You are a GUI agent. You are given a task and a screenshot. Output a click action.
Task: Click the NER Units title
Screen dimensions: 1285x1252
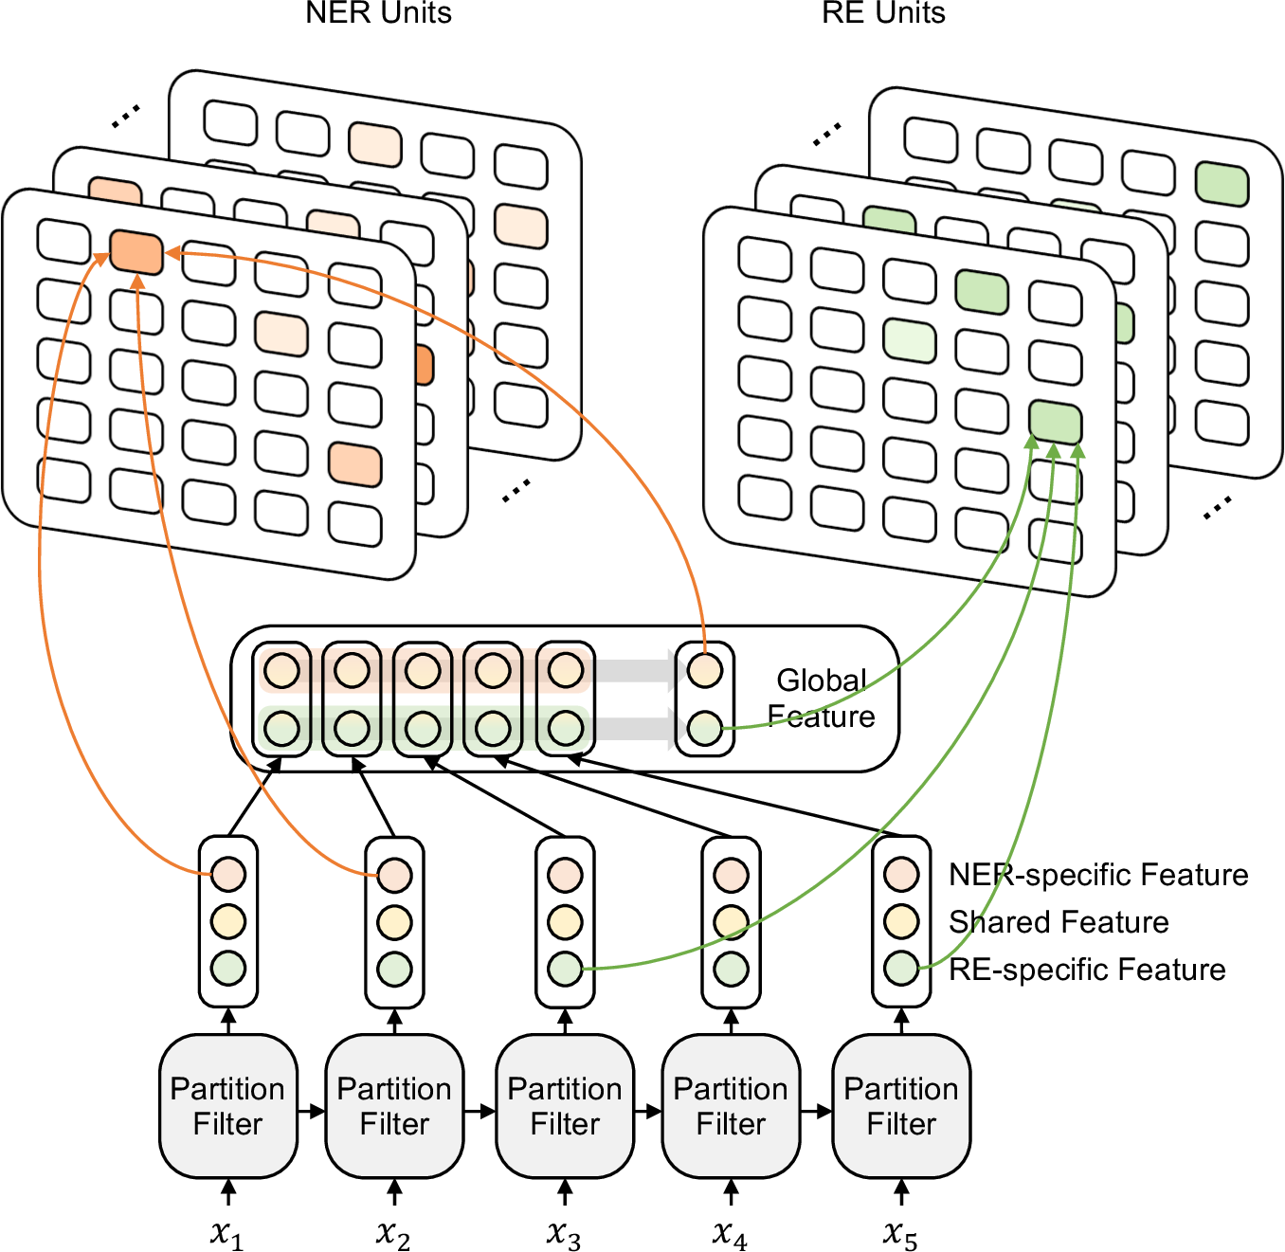[x=378, y=12]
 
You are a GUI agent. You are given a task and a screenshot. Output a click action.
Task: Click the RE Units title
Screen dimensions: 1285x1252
[x=883, y=12]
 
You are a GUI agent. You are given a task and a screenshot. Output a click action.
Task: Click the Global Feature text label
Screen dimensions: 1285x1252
[x=821, y=698]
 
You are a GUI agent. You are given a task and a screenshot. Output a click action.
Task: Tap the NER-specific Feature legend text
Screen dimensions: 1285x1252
[x=1098, y=874]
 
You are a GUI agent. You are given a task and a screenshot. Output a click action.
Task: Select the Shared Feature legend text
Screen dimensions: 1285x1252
[x=1059, y=922]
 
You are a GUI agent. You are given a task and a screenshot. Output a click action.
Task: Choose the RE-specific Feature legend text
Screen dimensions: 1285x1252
[x=1087, y=970]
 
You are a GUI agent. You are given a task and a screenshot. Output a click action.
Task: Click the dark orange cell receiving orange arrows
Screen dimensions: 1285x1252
[x=136, y=252]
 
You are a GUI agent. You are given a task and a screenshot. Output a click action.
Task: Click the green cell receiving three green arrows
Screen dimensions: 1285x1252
[x=1056, y=423]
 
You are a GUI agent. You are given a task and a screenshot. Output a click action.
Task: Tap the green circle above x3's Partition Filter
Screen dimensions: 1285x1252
[x=565, y=970]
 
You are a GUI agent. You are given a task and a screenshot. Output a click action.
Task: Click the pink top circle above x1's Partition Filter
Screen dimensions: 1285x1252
[x=228, y=874]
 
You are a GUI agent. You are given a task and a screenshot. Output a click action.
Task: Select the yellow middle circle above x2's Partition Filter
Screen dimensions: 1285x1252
[x=394, y=922]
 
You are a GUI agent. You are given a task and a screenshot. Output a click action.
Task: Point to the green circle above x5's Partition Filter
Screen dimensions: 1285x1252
[x=901, y=970]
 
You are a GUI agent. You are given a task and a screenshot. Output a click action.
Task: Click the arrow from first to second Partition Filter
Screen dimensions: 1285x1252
[x=311, y=1112]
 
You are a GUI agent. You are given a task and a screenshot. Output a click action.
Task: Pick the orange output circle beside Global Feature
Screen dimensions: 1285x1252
[x=705, y=671]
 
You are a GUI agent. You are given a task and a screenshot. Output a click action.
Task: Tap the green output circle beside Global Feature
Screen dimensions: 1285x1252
[x=705, y=729]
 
